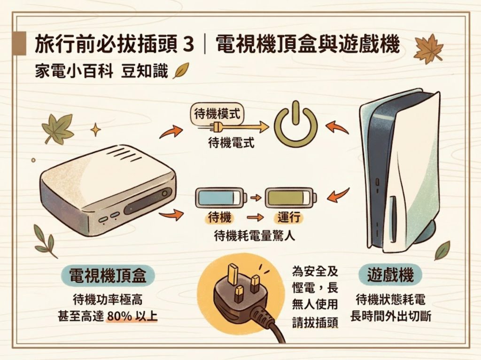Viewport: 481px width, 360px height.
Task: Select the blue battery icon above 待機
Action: click(221, 197)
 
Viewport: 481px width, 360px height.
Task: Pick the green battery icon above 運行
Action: click(290, 197)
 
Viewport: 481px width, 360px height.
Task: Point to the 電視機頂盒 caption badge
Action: click(108, 275)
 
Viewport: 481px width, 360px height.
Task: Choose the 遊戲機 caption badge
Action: click(390, 274)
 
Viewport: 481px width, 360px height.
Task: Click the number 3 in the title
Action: click(188, 45)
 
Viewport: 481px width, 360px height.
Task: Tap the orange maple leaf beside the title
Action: click(428, 48)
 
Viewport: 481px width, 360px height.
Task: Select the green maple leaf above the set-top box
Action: click(58, 128)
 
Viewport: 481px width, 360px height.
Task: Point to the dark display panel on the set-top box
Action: click(148, 201)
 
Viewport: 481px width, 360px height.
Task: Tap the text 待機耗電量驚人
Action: click(255, 236)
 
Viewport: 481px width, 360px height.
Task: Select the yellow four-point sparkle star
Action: click(95, 130)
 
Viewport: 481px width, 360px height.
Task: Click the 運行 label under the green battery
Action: click(289, 218)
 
